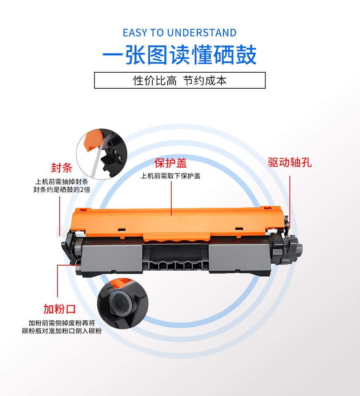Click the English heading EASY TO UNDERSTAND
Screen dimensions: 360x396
180,33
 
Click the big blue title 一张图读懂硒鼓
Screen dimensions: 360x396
180,55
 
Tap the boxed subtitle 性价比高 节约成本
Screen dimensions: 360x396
180,81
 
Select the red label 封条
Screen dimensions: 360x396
61,168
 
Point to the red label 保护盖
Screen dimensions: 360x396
171,163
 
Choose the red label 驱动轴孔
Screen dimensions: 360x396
290,162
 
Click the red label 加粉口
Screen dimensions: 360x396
59,309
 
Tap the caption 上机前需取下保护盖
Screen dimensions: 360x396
171,176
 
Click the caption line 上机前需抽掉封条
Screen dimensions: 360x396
62,182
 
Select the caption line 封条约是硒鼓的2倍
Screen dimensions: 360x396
62,189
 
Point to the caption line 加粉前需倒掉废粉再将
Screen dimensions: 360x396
62,323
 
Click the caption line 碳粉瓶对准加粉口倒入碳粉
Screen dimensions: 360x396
62,331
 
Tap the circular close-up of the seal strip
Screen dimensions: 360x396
101,154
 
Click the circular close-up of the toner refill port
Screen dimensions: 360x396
123,304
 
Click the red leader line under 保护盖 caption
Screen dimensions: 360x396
171,198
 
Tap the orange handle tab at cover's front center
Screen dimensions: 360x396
177,237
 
